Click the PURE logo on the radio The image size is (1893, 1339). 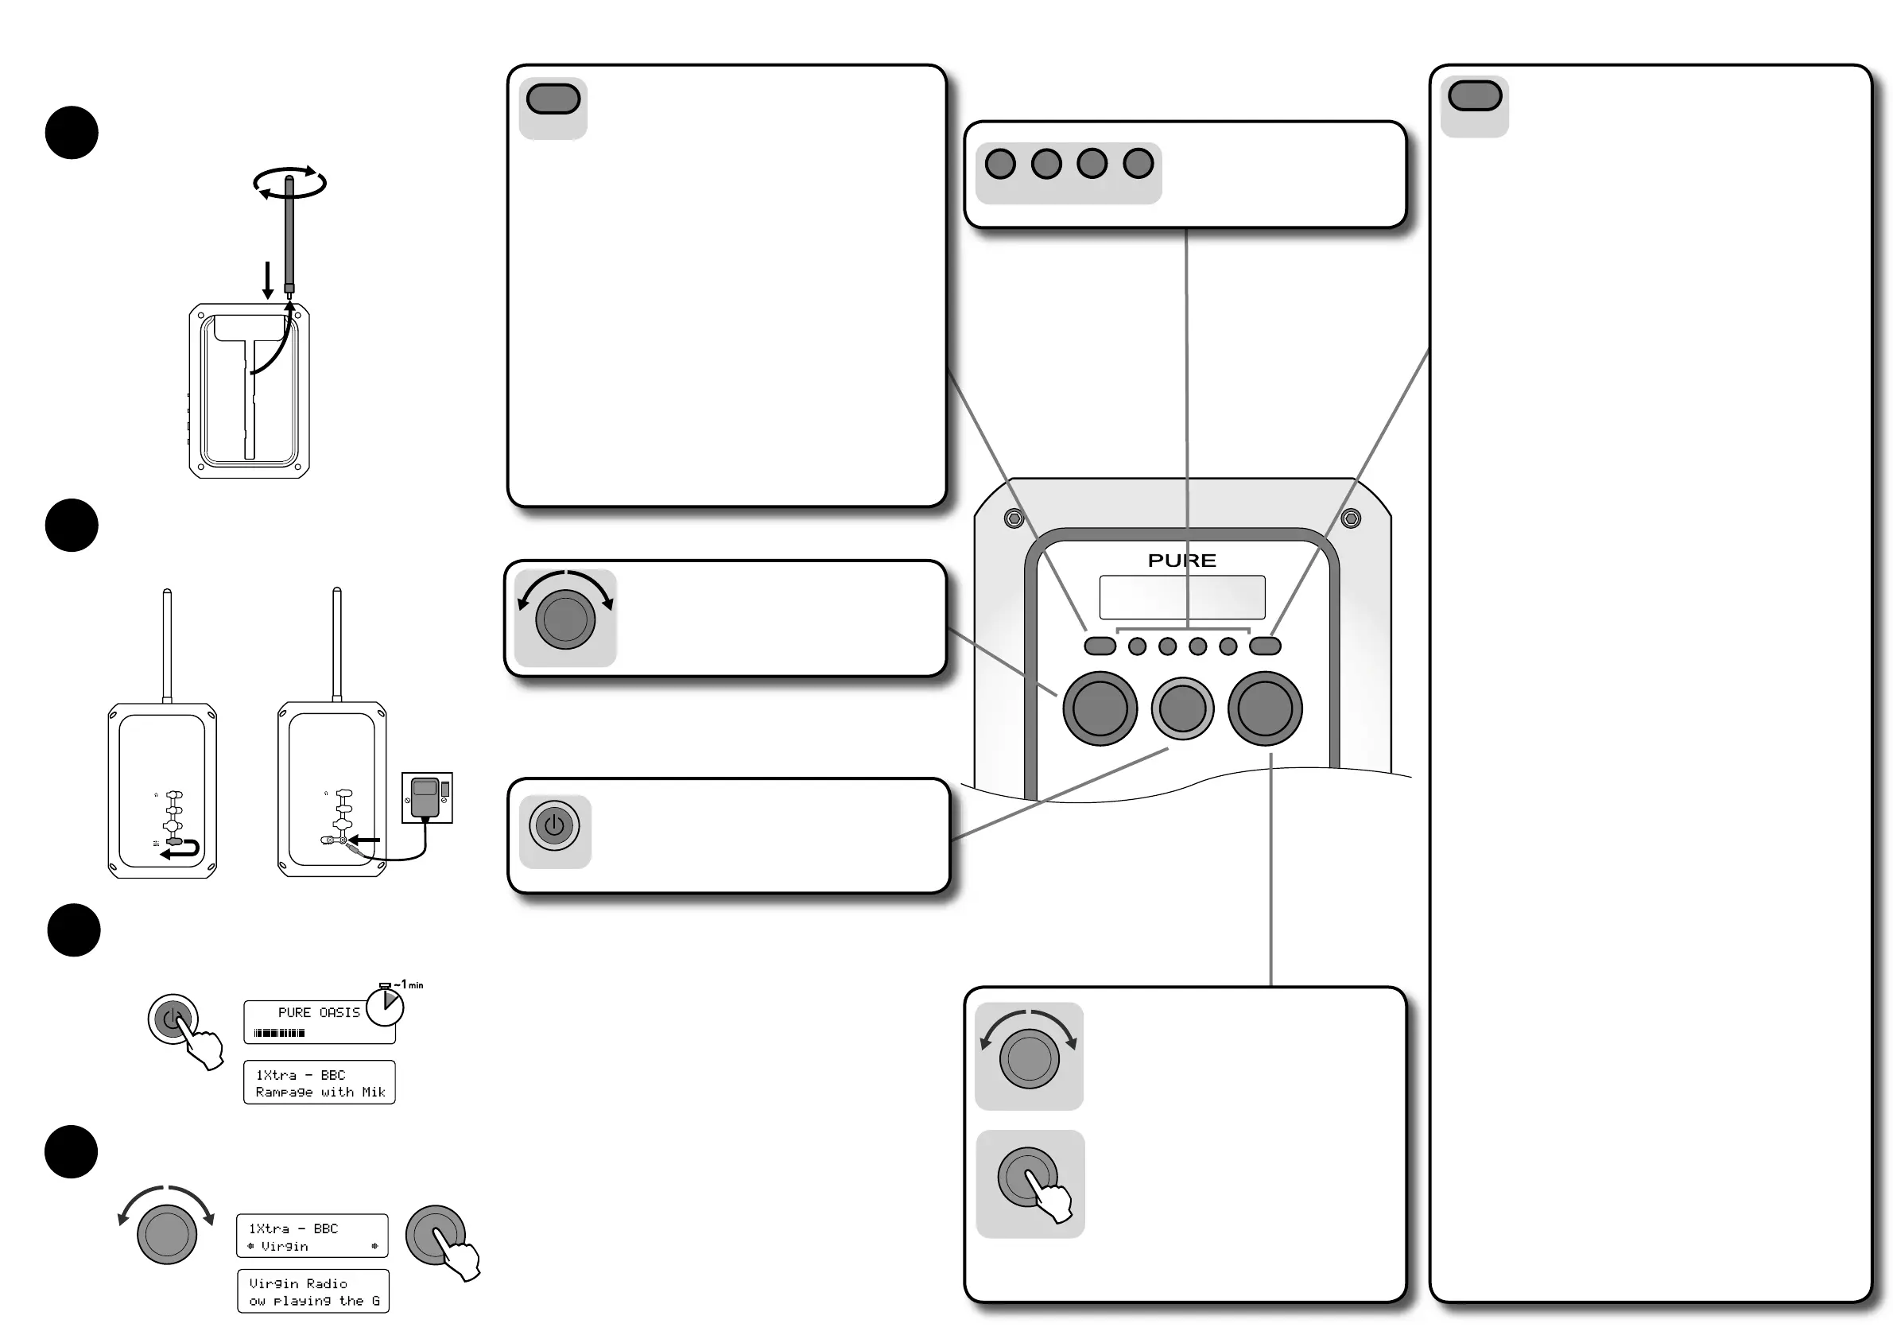[1181, 561]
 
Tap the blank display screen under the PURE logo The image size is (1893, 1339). [1181, 597]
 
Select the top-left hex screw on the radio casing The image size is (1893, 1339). [1014, 518]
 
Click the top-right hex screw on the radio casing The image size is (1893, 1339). [1351, 518]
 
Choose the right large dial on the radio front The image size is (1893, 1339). [1265, 708]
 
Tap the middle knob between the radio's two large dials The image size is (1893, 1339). [1182, 708]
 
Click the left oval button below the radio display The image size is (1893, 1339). [1100, 646]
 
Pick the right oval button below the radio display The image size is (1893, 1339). [1265, 646]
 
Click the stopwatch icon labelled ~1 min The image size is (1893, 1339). [385, 1006]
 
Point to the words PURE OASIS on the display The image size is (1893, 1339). [319, 1012]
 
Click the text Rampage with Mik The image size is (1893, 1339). [320, 1092]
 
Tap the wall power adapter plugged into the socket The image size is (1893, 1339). [425, 797]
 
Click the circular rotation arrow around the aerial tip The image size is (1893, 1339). [289, 183]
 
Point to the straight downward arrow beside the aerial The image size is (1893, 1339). [267, 280]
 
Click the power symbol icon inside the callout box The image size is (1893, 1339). [554, 825]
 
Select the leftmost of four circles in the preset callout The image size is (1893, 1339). [1000, 163]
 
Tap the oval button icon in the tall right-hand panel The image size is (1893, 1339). [1474, 96]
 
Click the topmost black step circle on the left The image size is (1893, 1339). [72, 133]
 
